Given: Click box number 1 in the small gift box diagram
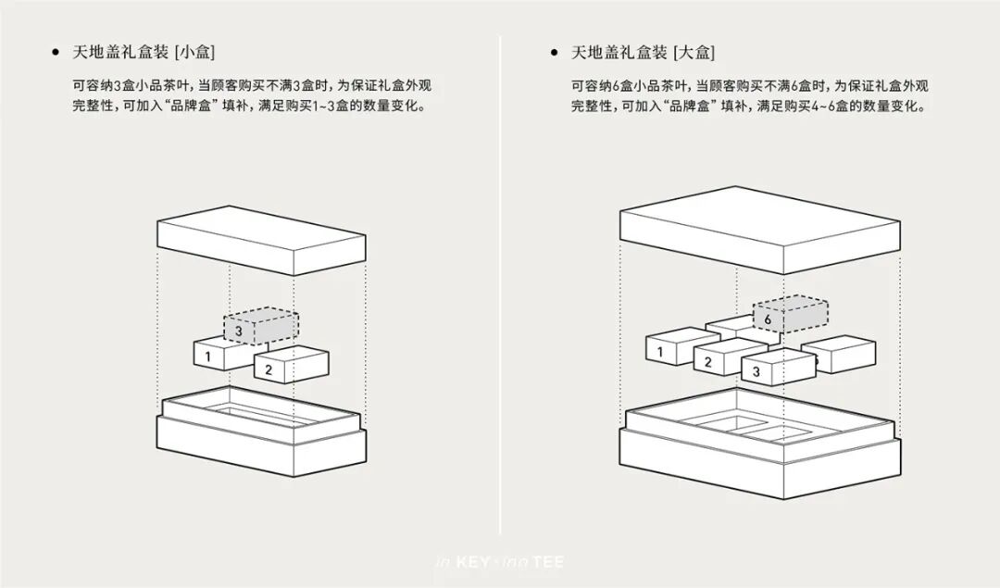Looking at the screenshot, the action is [213, 353].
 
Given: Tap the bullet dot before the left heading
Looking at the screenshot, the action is [57, 52].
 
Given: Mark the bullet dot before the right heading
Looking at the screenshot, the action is [554, 52].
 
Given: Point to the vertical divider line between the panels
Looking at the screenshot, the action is [500, 278].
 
